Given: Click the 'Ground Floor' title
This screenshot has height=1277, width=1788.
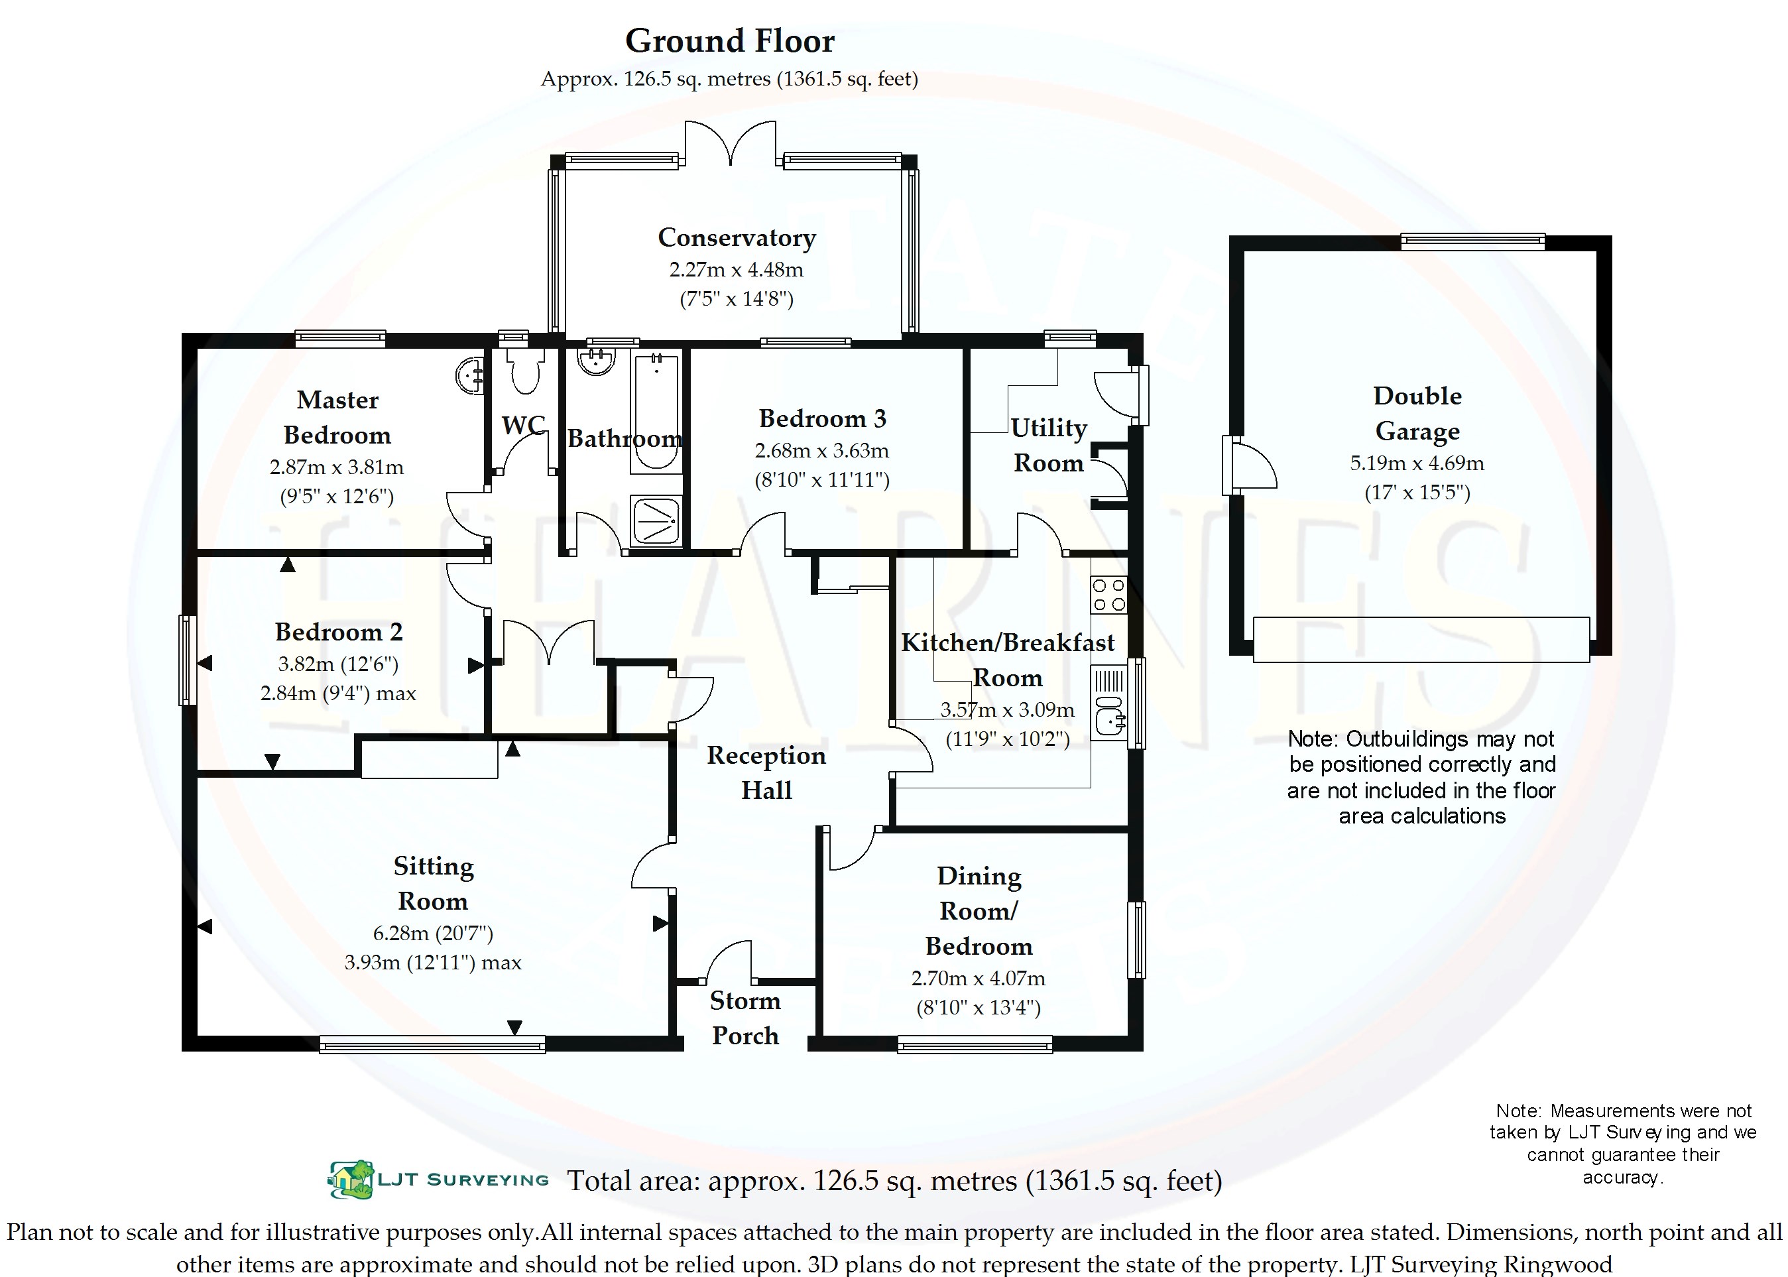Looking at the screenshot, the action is (730, 42).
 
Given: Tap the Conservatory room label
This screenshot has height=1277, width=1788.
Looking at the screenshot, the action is (737, 237).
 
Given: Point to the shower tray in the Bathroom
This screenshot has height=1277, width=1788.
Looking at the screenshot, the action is (656, 520).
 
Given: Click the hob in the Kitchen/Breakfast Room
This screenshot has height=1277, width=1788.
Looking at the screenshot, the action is (1108, 595).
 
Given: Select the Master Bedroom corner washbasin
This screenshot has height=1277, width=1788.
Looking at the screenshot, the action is (471, 375).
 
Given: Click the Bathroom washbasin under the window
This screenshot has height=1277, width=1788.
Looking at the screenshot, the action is (597, 361).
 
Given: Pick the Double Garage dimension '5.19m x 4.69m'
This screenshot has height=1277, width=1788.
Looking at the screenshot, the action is (1417, 463).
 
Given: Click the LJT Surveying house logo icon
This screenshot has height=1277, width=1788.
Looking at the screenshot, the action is (351, 1180).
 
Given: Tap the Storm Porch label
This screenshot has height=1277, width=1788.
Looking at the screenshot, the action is (745, 1018).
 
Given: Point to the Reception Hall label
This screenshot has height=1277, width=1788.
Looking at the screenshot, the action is (766, 772).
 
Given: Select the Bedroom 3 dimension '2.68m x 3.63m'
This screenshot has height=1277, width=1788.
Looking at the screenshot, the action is (821, 451).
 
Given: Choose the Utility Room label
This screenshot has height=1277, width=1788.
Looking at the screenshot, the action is (1049, 445).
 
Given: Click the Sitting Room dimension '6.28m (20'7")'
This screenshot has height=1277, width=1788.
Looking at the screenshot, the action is (432, 934).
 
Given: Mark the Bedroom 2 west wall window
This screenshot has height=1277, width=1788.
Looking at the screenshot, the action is (187, 660).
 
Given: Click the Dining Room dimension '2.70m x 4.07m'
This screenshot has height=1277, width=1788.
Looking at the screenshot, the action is (978, 978).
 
